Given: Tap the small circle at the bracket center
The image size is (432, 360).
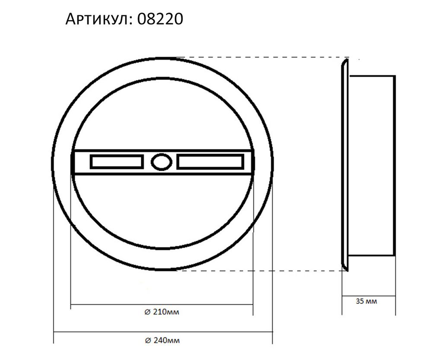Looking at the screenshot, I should click(160, 162).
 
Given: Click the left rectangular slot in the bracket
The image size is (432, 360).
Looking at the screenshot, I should click(116, 162).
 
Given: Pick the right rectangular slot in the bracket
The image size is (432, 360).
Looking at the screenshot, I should click(209, 162).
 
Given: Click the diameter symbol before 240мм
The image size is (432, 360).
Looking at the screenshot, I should click(147, 340).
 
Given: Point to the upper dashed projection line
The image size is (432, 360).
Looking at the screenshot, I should click(259, 57).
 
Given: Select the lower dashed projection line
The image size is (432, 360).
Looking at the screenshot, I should click(259, 271).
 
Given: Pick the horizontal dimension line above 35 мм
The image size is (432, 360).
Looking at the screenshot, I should click(368, 294).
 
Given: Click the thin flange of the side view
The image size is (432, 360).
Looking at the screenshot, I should click(345, 164).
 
